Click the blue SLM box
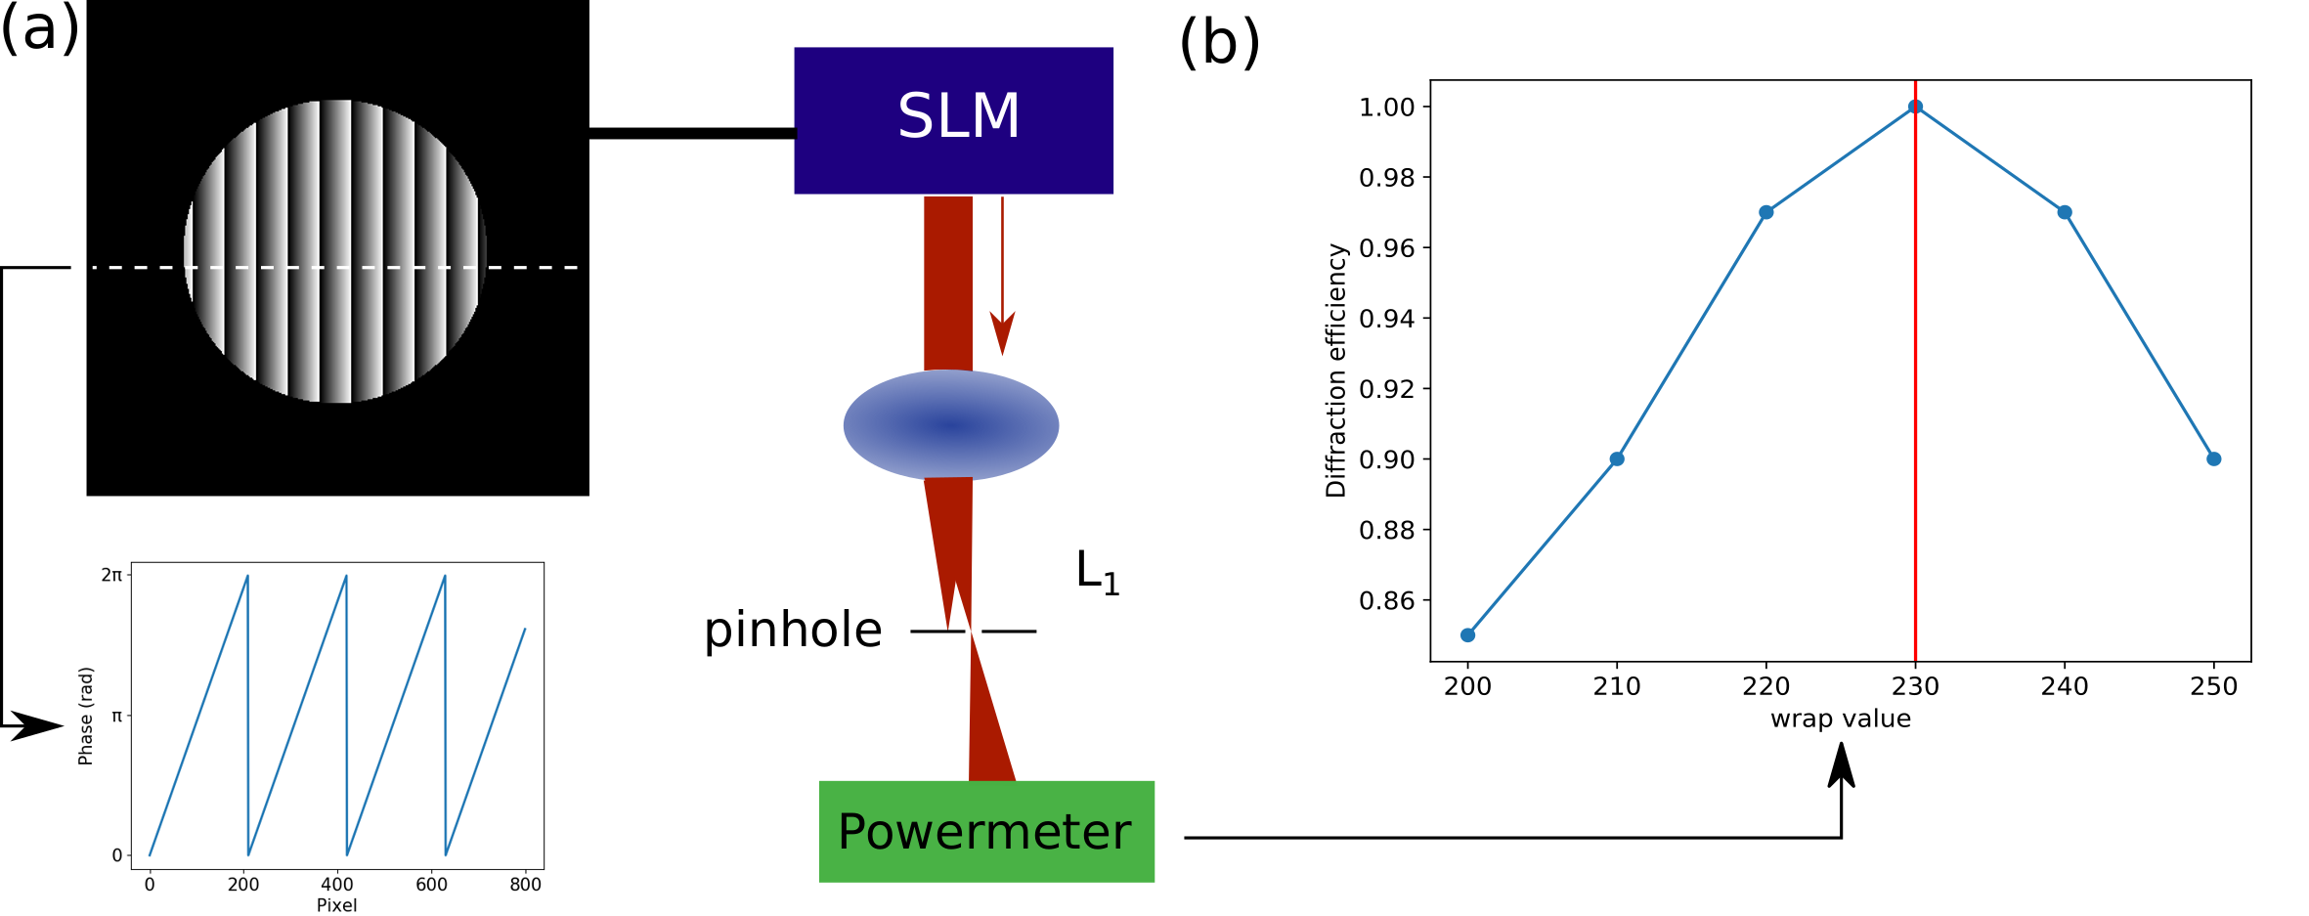pos(953,120)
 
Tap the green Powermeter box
pos(986,831)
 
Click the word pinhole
pos(793,631)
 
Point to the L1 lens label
pos(1097,572)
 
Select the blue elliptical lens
pos(951,425)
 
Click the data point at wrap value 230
pos(1915,107)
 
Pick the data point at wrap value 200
pos(1467,635)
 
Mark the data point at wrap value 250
pos(2214,458)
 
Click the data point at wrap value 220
pos(1765,212)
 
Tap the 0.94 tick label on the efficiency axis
pos(1386,319)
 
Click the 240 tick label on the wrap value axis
pos(2065,686)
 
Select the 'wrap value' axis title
pos(1841,720)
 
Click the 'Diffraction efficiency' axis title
pos(1336,371)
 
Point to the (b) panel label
pos(1220,43)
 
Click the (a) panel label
pos(40,29)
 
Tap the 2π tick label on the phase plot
pos(111,575)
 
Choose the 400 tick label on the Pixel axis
pos(337,885)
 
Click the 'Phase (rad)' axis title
pos(86,716)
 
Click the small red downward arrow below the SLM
pos(1002,276)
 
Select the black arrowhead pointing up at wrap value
pos(1842,764)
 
